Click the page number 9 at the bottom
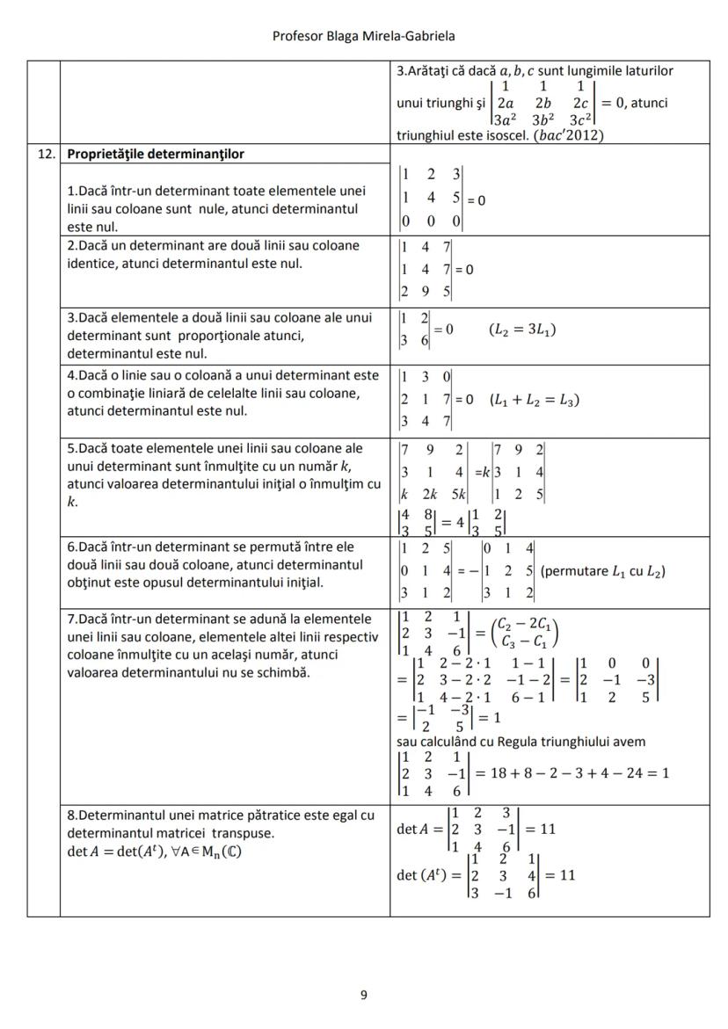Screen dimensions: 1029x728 [364, 995]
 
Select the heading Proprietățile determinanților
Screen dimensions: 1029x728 [156, 154]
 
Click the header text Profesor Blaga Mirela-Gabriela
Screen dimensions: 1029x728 [363, 36]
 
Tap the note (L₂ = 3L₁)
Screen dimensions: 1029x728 [521, 330]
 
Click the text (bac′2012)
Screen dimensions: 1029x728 [571, 135]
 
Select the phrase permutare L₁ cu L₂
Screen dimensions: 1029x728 [602, 571]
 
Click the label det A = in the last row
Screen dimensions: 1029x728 [419, 829]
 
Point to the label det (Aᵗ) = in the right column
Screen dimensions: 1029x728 [426, 875]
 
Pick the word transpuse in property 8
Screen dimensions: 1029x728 [247, 832]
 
